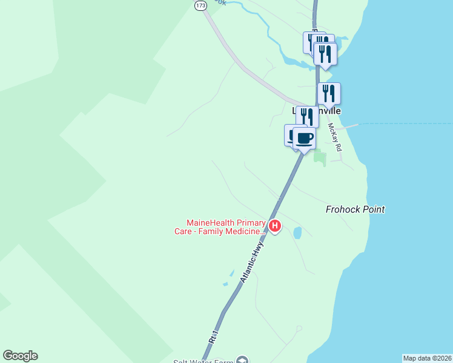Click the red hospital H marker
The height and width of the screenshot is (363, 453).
click(x=275, y=226)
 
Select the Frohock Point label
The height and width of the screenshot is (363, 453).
click(x=355, y=209)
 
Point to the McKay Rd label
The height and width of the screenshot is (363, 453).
click(x=335, y=138)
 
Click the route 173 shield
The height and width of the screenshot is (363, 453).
click(x=200, y=5)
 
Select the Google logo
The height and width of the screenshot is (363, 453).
click(x=20, y=356)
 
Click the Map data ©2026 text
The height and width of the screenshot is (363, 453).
click(x=427, y=358)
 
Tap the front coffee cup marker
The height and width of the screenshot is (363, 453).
click(x=305, y=138)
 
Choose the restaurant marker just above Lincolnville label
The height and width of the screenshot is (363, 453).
click(x=329, y=93)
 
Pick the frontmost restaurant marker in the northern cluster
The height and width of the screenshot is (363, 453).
click(x=325, y=54)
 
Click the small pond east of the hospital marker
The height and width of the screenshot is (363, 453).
click(x=297, y=232)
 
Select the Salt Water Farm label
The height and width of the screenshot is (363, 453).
click(x=206, y=361)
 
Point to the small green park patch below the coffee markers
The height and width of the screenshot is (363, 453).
click(x=320, y=159)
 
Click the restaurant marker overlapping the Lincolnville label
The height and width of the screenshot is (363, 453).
click(x=307, y=116)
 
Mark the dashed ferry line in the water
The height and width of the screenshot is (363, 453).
click(x=406, y=124)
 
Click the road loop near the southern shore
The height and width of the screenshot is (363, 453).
click(x=299, y=329)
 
